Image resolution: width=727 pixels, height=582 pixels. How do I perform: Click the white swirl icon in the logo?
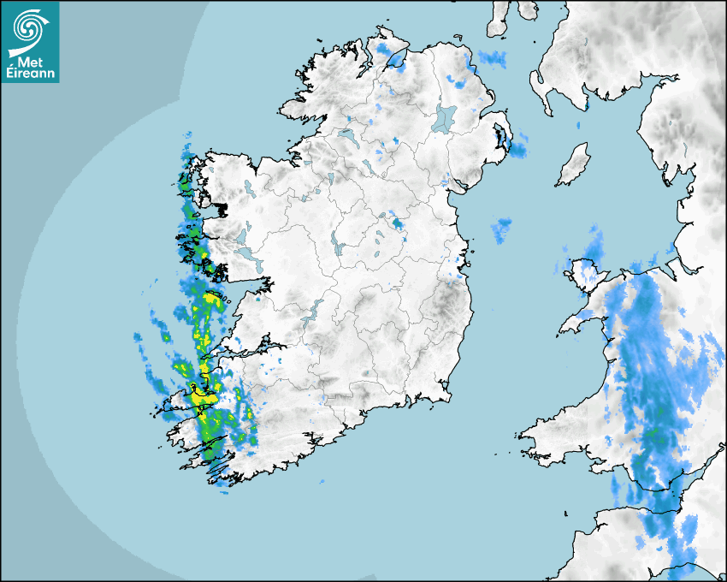pyautogui.click(x=28, y=29)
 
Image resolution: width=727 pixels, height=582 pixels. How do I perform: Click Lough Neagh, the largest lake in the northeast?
pyautogui.click(x=445, y=117)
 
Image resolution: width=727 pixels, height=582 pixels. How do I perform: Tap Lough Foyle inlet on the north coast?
pyautogui.click(x=394, y=60)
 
